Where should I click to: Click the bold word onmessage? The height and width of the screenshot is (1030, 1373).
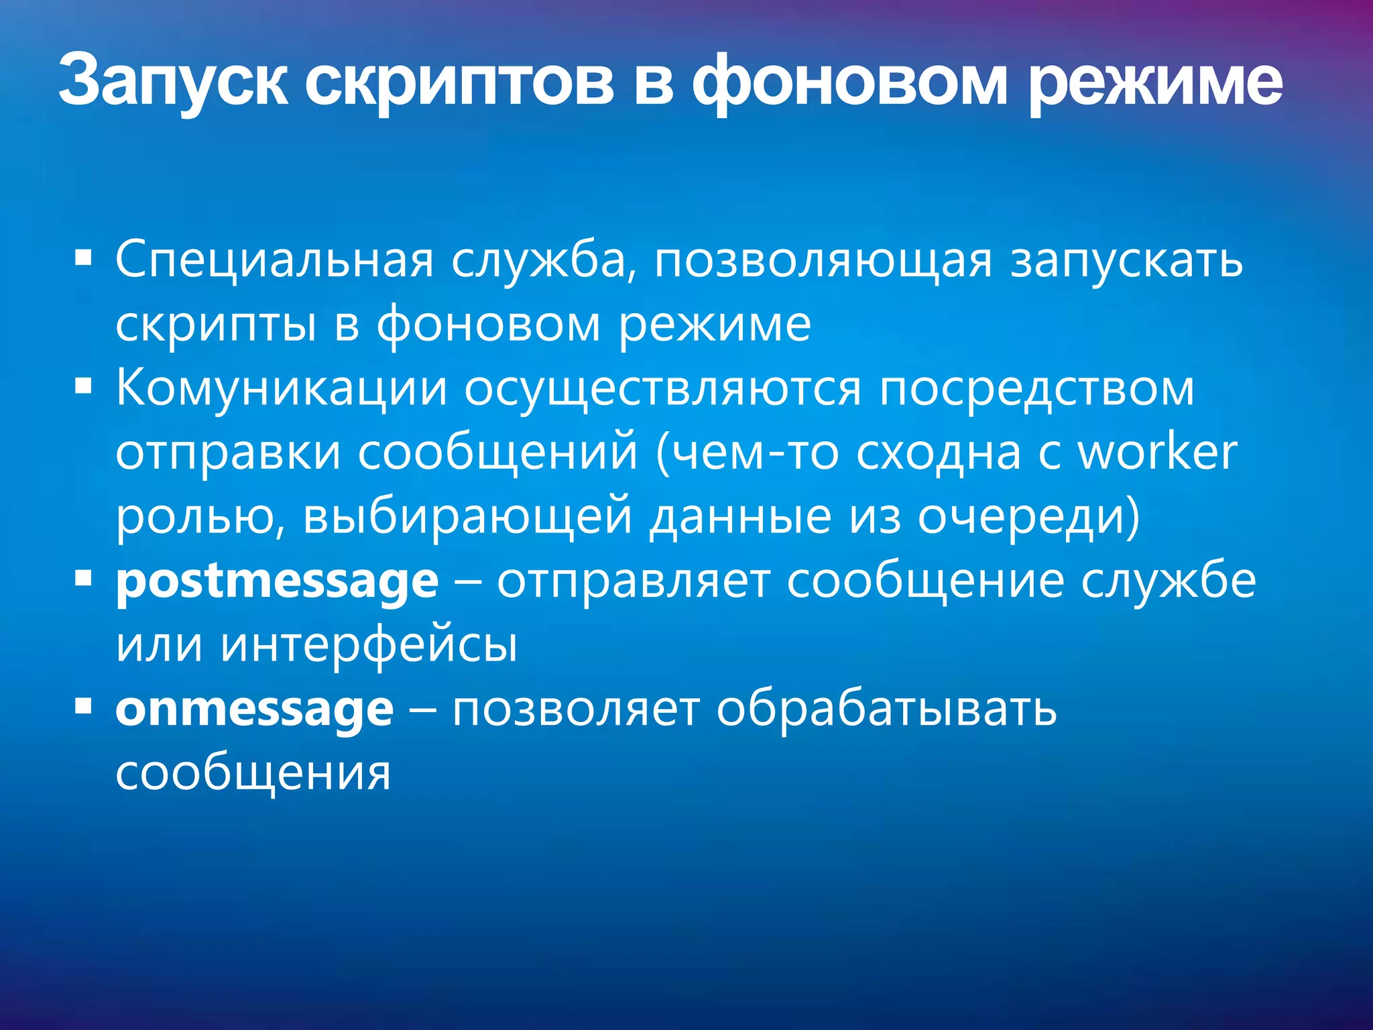point(254,709)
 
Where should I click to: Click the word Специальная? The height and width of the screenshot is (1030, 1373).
point(275,260)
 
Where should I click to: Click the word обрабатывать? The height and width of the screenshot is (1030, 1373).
point(886,709)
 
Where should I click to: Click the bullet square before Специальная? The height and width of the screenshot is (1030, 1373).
point(83,257)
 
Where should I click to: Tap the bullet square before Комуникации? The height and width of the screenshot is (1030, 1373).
point(83,386)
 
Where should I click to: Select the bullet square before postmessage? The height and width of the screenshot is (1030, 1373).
point(83,578)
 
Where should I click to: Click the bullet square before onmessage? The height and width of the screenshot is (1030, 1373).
point(83,706)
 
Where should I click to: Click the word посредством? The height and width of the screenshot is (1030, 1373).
point(1037,389)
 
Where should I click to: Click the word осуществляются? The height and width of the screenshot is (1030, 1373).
point(662,389)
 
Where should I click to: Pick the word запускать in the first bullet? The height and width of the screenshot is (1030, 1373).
point(1127,260)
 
